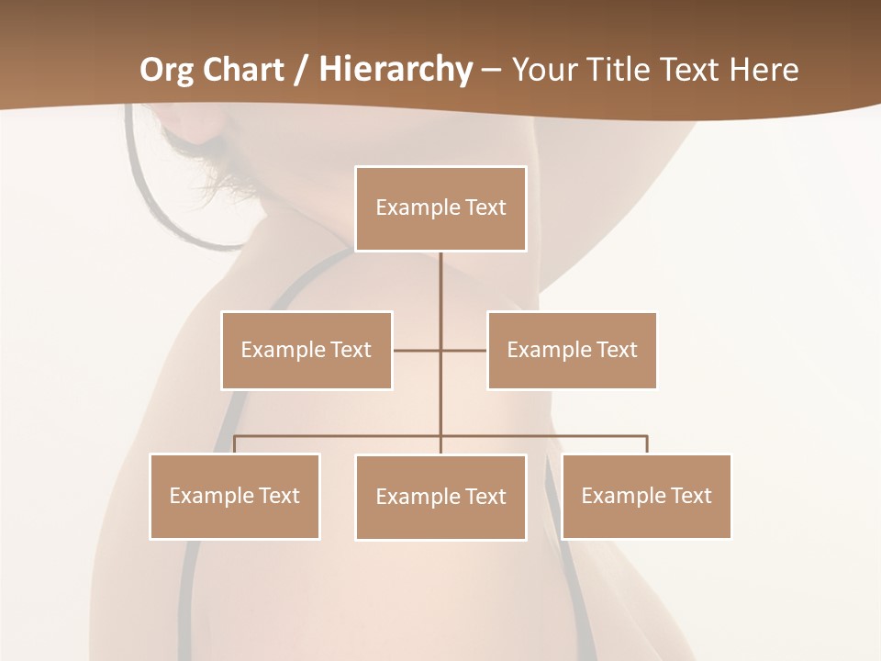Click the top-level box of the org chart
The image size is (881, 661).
click(x=440, y=208)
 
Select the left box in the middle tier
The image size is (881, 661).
click(x=307, y=350)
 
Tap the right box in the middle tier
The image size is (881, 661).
click(x=572, y=350)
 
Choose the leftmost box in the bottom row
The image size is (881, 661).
click(x=235, y=496)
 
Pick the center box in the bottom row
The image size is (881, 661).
click(x=440, y=497)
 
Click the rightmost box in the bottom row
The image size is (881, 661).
click(x=646, y=496)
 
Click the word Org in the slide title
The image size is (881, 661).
click(x=167, y=70)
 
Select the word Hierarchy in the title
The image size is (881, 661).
click(x=395, y=70)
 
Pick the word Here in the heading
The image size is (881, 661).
click(x=764, y=70)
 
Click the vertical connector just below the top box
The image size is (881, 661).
click(x=440, y=285)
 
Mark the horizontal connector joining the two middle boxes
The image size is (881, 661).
click(x=418, y=350)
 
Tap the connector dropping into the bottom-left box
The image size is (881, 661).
click(x=235, y=444)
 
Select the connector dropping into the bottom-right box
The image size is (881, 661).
click(x=647, y=444)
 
